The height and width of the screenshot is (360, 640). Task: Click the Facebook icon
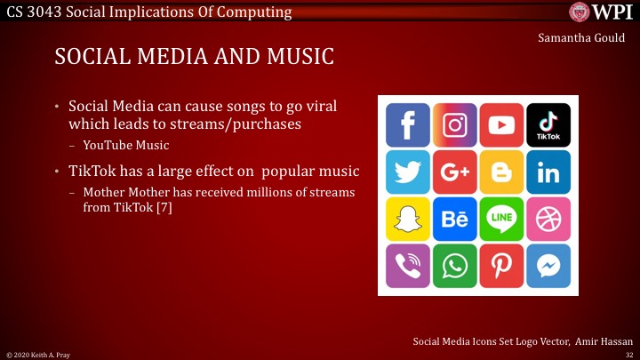tap(408, 125)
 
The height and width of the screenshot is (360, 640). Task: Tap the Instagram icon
tap(455, 125)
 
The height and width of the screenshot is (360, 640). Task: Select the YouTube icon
tap(501, 125)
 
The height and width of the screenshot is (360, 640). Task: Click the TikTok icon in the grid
tap(548, 125)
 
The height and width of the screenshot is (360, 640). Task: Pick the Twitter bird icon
tap(408, 172)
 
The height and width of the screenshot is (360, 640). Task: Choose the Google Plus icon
tap(455, 172)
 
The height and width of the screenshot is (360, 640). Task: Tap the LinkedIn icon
tap(548, 172)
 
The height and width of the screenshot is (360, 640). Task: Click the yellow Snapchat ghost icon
tap(408, 219)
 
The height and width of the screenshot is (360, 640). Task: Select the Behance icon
tap(455, 219)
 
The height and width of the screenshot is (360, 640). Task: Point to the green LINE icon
tap(501, 219)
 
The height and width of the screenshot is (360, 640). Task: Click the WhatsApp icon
tap(455, 266)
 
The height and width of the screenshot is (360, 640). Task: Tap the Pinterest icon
tap(501, 266)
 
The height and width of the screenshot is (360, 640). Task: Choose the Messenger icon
tap(548, 266)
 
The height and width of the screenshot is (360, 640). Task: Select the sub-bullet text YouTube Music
tap(125, 144)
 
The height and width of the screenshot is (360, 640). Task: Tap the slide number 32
tap(628, 354)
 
